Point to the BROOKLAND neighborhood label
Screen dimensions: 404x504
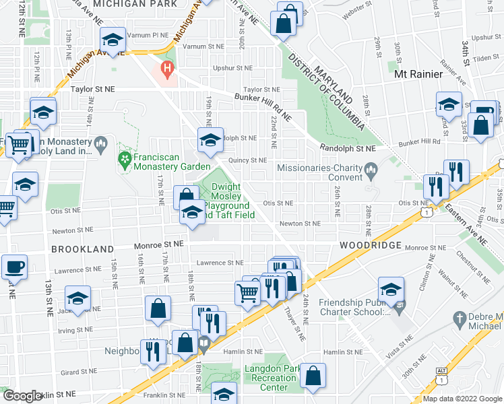[82, 249]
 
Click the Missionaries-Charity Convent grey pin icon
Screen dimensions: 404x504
[370, 168]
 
